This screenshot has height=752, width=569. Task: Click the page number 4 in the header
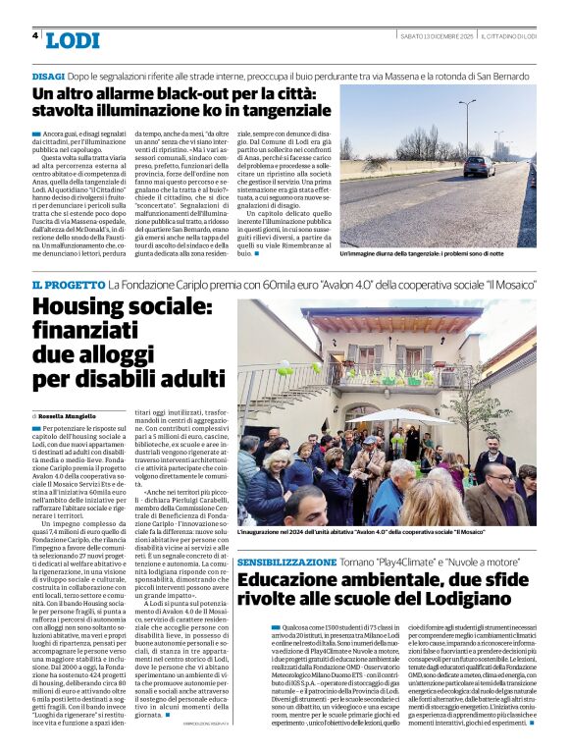pyautogui.click(x=35, y=35)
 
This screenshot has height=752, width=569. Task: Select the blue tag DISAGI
pyautogui.click(x=48, y=76)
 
